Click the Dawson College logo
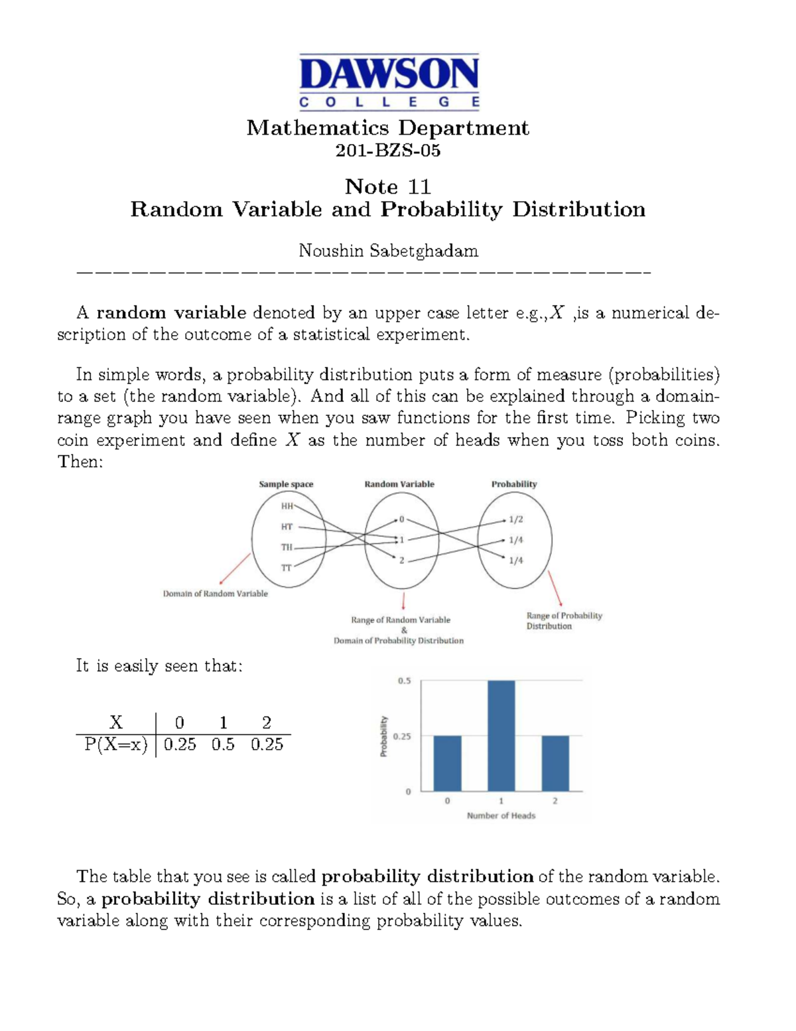(389, 82)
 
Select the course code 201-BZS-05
(388, 151)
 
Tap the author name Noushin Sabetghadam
(388, 251)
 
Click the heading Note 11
(388, 186)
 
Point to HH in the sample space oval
(287, 506)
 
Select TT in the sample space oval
(287, 568)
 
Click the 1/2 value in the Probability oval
(515, 519)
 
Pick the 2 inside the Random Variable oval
(401, 561)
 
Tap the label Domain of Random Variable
(215, 594)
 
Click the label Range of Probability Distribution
(564, 621)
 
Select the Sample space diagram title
(286, 484)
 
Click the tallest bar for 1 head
(501, 735)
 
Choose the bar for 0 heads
(447, 763)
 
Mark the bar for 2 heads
(555, 763)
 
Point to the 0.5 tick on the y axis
(404, 681)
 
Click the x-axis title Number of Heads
(501, 816)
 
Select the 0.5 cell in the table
(223, 745)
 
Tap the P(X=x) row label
(115, 745)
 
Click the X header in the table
(115, 722)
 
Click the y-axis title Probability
(383, 736)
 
